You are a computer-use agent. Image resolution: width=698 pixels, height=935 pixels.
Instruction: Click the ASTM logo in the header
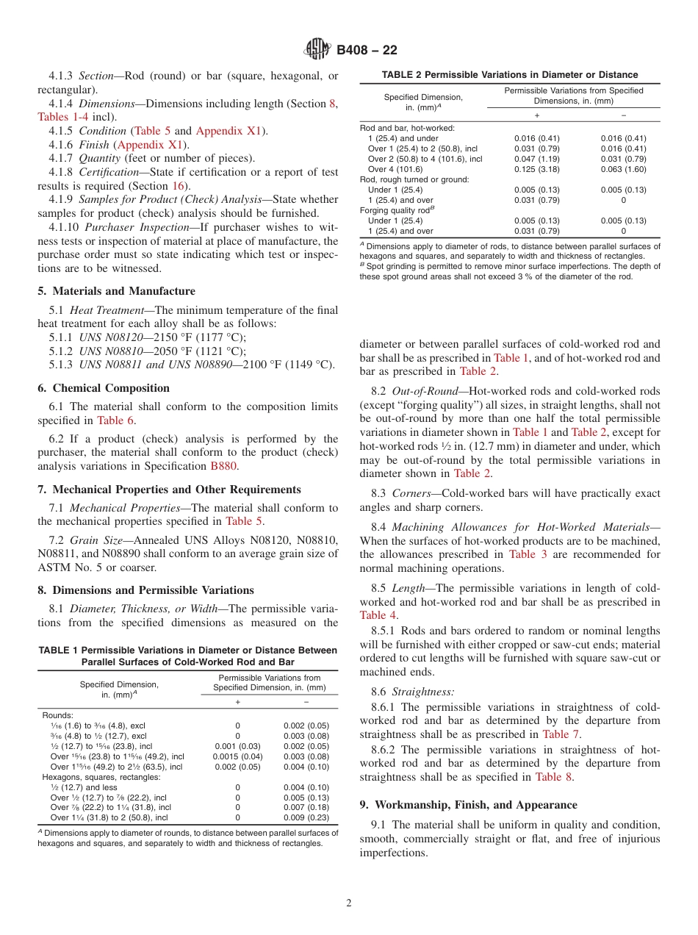coord(318,50)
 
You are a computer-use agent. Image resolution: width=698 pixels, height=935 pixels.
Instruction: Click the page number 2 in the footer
coord(349,903)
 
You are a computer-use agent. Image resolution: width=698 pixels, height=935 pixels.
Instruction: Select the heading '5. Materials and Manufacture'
coord(116,291)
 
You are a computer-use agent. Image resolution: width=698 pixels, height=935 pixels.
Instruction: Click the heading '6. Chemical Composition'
coord(104,388)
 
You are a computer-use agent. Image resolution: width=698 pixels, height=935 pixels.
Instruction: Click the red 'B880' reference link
coord(224,466)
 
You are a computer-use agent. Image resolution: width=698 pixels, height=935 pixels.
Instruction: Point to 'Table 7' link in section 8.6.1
coord(561,734)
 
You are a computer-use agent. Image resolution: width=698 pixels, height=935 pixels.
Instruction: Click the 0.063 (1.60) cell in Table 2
coord(623,169)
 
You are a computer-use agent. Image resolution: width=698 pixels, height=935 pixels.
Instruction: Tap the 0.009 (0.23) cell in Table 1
coord(306,817)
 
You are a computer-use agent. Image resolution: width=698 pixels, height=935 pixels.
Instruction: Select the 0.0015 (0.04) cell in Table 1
coord(237,756)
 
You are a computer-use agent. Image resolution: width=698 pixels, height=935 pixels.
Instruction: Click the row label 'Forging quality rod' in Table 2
coord(392,210)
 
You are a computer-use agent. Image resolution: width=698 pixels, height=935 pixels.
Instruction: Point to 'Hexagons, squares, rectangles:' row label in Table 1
coord(101,777)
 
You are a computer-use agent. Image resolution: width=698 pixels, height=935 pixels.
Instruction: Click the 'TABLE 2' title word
coord(400,75)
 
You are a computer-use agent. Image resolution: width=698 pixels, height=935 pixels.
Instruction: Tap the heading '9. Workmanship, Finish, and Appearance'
coord(468,805)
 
